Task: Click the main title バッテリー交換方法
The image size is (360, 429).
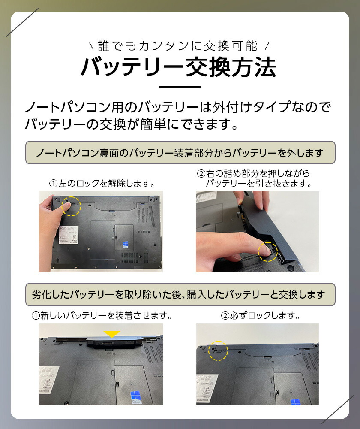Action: click(179, 67)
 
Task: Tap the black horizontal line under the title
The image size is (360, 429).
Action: click(180, 87)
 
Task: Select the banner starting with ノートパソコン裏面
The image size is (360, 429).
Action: click(180, 153)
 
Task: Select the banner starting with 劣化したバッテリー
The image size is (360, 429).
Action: click(180, 294)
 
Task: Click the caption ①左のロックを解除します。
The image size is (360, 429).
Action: click(102, 184)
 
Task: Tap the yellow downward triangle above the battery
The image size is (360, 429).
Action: click(111, 333)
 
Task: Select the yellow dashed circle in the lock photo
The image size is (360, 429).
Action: click(218, 351)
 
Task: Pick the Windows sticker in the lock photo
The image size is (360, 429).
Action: click(295, 402)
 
